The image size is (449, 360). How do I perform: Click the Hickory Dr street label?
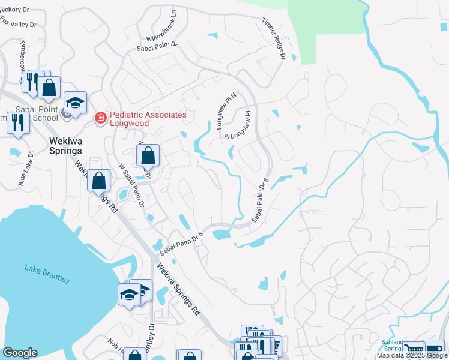point(14,10)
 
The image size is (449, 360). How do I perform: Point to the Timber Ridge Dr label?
point(272,38)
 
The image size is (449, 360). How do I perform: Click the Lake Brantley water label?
point(47,273)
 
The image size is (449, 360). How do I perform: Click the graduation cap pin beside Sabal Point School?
point(76,102)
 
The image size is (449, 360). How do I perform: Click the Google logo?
point(20,353)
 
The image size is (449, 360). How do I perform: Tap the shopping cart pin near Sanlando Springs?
point(414,350)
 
